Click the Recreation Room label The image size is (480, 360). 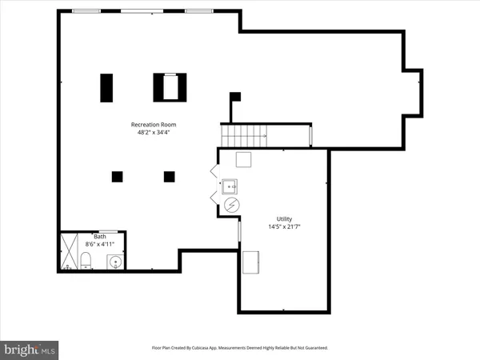[154, 125]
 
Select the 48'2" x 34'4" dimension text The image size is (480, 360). [154, 134]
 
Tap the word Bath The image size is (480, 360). [99, 237]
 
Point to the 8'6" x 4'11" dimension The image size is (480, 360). [99, 245]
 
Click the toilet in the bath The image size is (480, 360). [85, 261]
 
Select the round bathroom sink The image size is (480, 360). [116, 262]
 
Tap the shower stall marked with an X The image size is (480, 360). [68, 251]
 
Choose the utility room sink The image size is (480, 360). [230, 187]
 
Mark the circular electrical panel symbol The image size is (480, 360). [231, 206]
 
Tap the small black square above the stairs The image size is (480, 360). [235, 97]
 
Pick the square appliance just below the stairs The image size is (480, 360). [244, 159]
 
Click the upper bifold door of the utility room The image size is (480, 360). [214, 171]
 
